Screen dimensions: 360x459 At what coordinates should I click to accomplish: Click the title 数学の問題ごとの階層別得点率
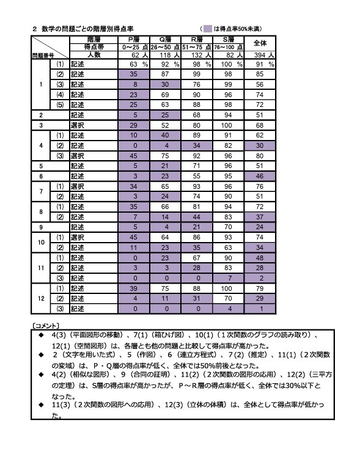[x=86, y=28]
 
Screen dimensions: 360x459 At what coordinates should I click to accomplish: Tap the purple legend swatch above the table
[x=208, y=28]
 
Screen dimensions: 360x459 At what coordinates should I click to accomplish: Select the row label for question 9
[x=40, y=225]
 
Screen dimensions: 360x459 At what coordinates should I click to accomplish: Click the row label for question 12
[x=40, y=298]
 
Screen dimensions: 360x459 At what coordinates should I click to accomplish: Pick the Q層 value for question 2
[x=166, y=114]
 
